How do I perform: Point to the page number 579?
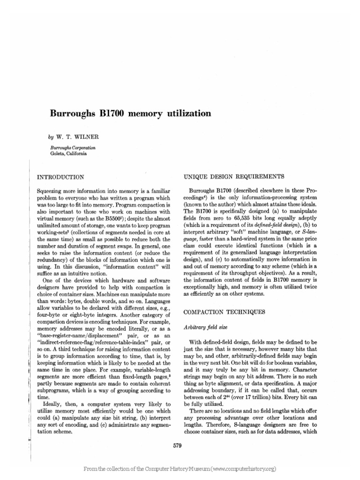(177, 446)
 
